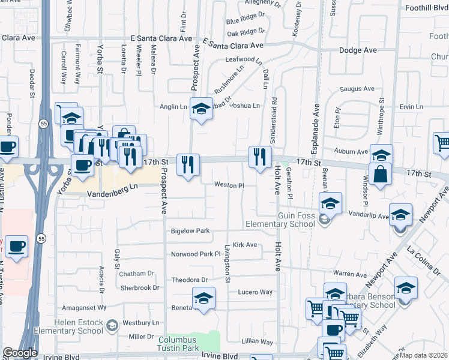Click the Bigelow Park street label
pyautogui.click(x=190, y=230)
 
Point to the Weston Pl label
pyautogui.click(x=229, y=186)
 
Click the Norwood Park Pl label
pyautogui.click(x=196, y=254)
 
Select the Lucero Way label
pyautogui.click(x=256, y=292)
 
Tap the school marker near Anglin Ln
pyautogui.click(x=202, y=108)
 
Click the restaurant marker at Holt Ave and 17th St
pyautogui.click(x=260, y=157)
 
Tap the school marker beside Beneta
pyautogui.click(x=203, y=298)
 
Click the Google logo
pyautogui.click(x=20, y=353)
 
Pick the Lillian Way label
pyautogui.click(x=256, y=341)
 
